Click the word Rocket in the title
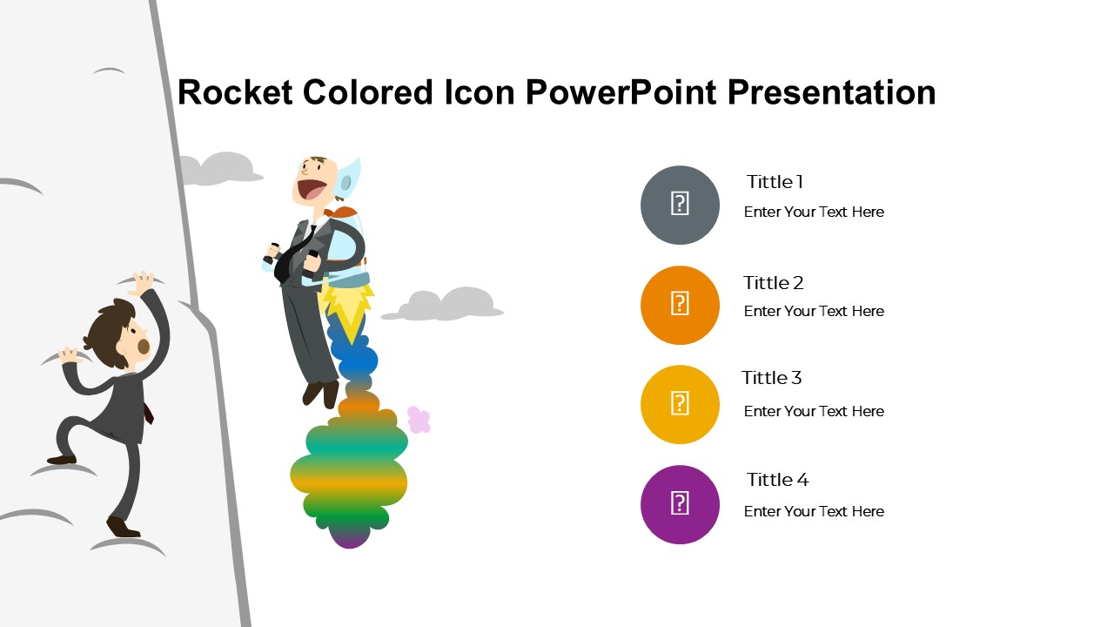click(x=235, y=92)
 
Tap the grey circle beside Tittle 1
click(x=680, y=205)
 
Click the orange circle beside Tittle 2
click(x=680, y=305)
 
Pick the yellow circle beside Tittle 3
click(x=680, y=405)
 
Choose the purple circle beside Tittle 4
click(x=680, y=504)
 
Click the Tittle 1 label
click(x=775, y=182)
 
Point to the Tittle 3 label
click(x=771, y=378)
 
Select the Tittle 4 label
click(x=777, y=480)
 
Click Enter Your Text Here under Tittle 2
click(x=814, y=312)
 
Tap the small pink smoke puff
click(x=419, y=420)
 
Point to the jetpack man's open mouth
click(x=312, y=189)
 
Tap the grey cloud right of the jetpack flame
click(x=443, y=304)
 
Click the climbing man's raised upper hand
click(x=143, y=283)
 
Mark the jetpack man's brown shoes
click(x=322, y=394)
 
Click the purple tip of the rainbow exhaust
click(x=350, y=539)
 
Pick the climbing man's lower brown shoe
click(x=122, y=528)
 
